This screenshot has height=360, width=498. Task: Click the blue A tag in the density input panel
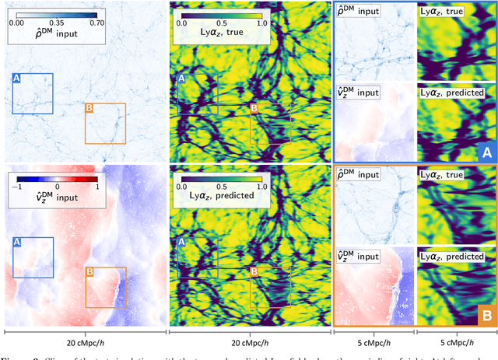click(x=17, y=78)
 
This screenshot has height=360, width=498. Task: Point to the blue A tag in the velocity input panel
click(x=17, y=243)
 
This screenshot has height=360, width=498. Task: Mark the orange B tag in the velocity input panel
click(x=88, y=272)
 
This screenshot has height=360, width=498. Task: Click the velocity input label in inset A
click(x=362, y=93)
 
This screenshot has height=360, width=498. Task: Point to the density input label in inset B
click(x=362, y=175)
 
